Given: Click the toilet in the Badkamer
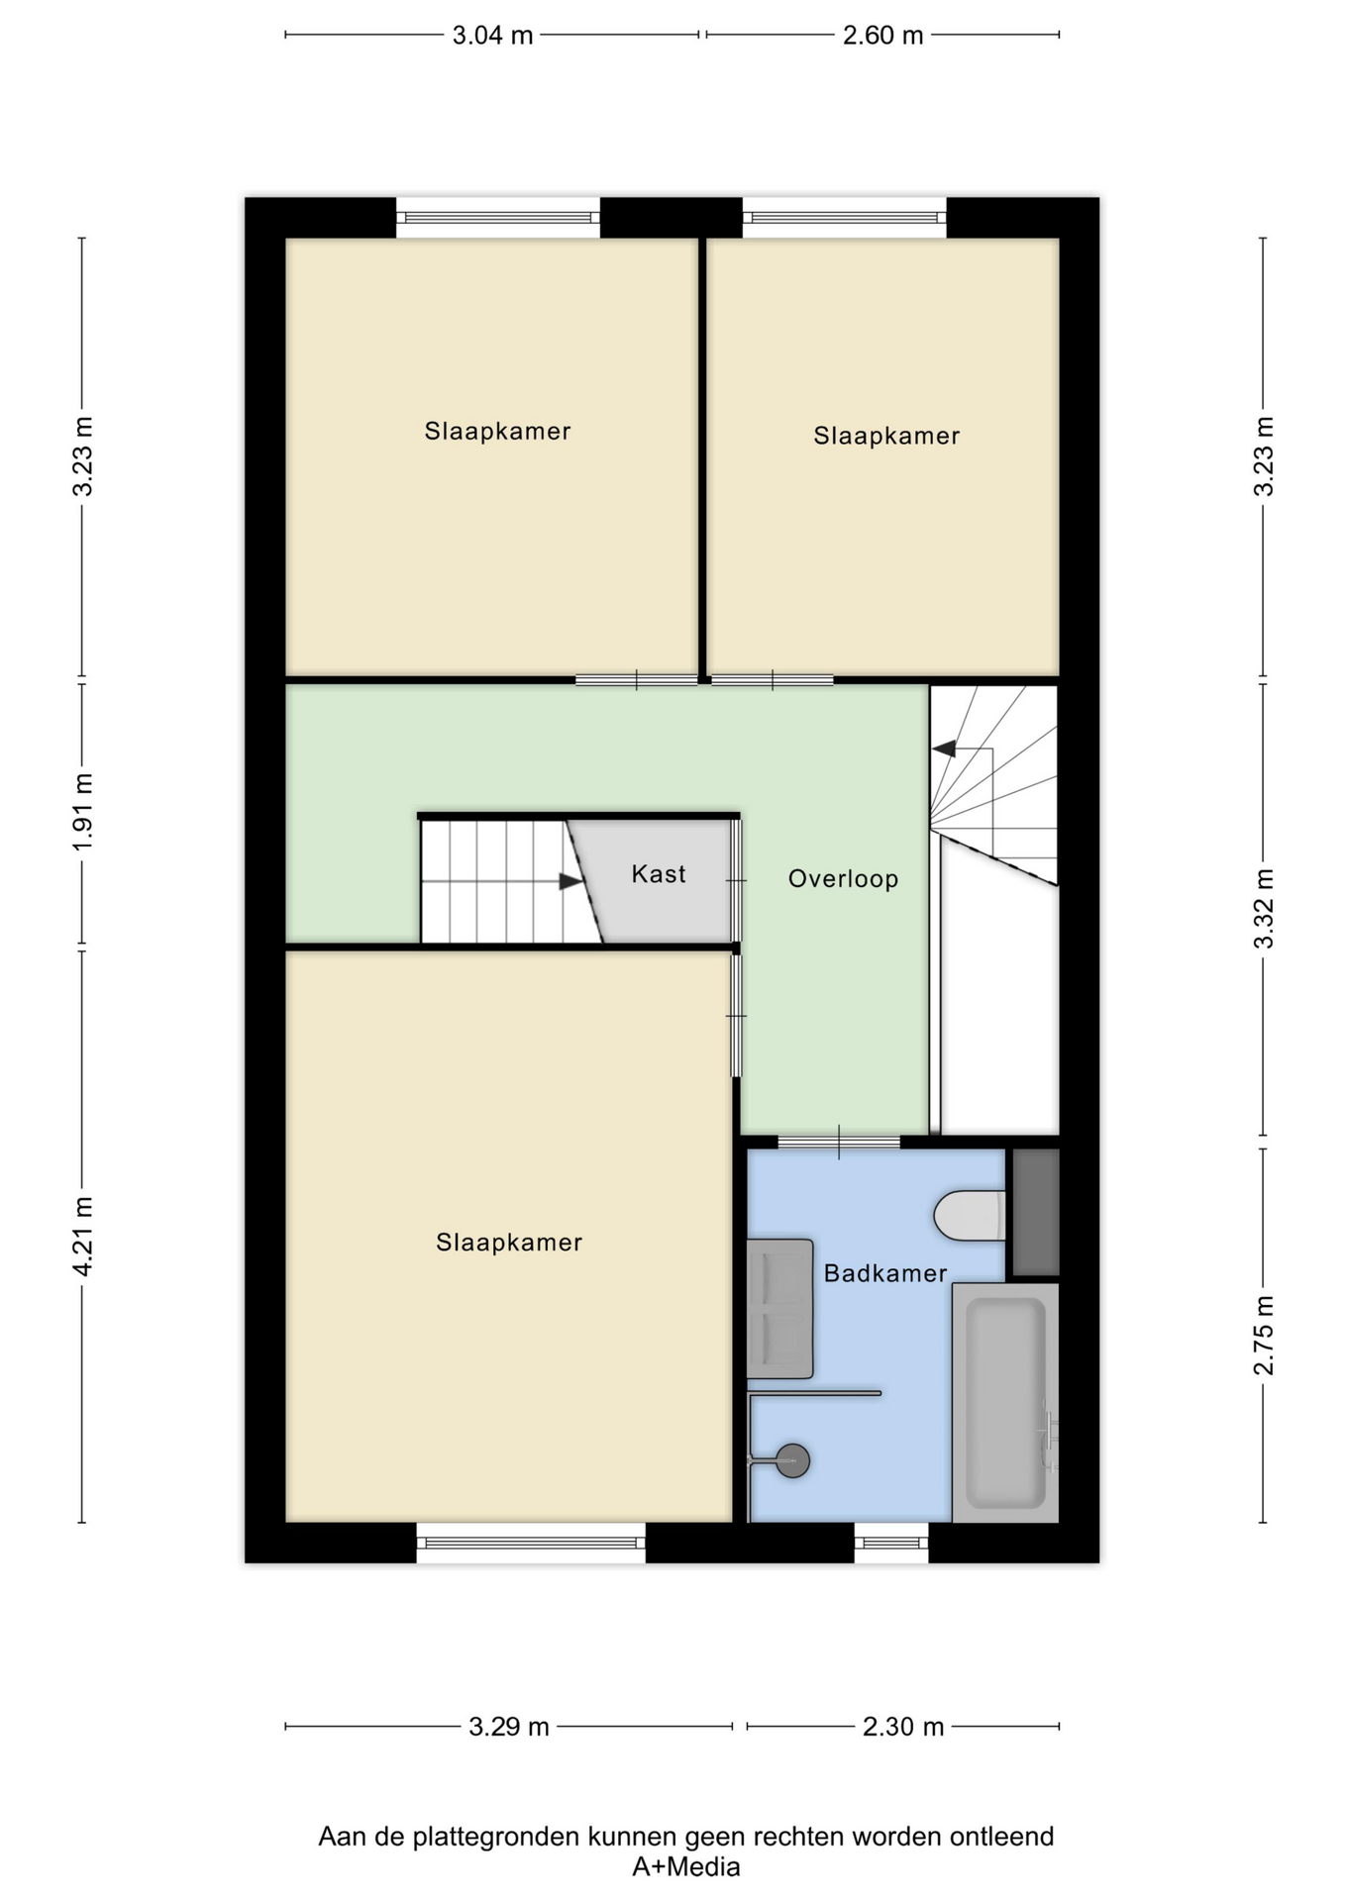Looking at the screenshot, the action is point(971,1215).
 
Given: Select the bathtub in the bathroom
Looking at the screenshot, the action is point(1005,1402).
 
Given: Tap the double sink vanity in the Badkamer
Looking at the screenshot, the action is point(780,1308).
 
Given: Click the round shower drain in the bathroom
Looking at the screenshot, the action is point(792,1460).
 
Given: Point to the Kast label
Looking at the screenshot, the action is point(659,874).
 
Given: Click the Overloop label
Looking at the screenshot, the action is point(844,879).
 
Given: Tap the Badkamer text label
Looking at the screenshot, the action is point(885,1273).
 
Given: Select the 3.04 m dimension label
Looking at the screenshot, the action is point(492,36).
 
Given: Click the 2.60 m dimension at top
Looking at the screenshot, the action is point(882,36).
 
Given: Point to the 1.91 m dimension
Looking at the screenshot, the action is point(82,812).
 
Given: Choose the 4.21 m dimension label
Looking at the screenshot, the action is point(82,1237).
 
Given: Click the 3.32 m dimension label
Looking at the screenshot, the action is point(1264,909).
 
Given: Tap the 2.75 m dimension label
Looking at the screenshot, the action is point(1264,1336).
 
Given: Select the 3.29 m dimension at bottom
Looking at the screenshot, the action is point(509,1728).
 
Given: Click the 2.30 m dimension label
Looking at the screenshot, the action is point(903,1728).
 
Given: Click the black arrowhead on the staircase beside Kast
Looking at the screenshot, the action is point(570,881).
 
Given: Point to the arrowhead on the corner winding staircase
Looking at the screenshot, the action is point(944,749).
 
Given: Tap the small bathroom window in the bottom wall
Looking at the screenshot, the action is point(891,1543).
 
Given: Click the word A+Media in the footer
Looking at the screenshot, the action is point(686,1867).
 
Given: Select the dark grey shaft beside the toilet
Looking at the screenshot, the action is point(1036,1212).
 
